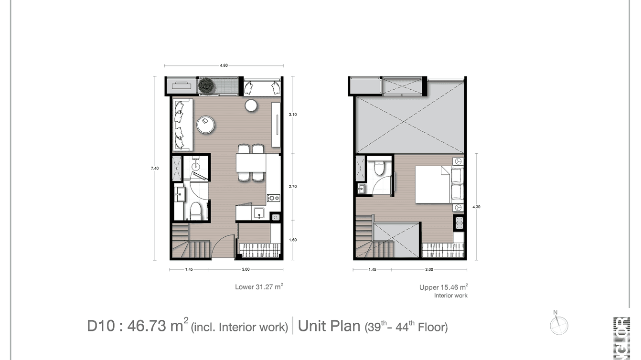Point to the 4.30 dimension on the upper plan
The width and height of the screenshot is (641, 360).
click(476, 207)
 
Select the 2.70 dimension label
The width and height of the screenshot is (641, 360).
click(292, 186)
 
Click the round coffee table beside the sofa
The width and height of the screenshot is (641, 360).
click(205, 125)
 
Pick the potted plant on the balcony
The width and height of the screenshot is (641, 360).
click(207, 85)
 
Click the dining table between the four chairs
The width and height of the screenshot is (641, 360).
click(251, 162)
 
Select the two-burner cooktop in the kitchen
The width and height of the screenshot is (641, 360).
click(274, 198)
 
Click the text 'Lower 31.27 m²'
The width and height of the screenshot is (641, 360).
click(259, 287)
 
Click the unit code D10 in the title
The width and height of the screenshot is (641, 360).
click(100, 326)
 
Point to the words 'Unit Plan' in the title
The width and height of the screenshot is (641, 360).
click(329, 326)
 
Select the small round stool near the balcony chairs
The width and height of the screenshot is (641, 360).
click(251, 106)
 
